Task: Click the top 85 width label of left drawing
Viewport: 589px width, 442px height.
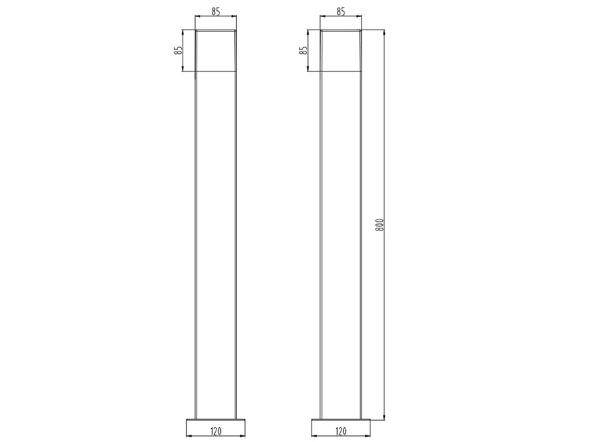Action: click(x=215, y=12)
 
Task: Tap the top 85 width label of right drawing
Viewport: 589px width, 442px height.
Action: click(x=341, y=12)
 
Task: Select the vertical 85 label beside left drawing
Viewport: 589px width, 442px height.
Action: click(x=178, y=51)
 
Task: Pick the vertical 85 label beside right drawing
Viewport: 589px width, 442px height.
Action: click(x=303, y=51)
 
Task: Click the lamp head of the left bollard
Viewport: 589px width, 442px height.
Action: click(x=216, y=51)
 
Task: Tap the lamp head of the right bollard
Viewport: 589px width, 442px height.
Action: click(x=341, y=51)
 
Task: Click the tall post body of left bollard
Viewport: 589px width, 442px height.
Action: click(x=216, y=243)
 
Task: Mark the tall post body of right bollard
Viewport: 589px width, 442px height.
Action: click(x=341, y=243)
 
